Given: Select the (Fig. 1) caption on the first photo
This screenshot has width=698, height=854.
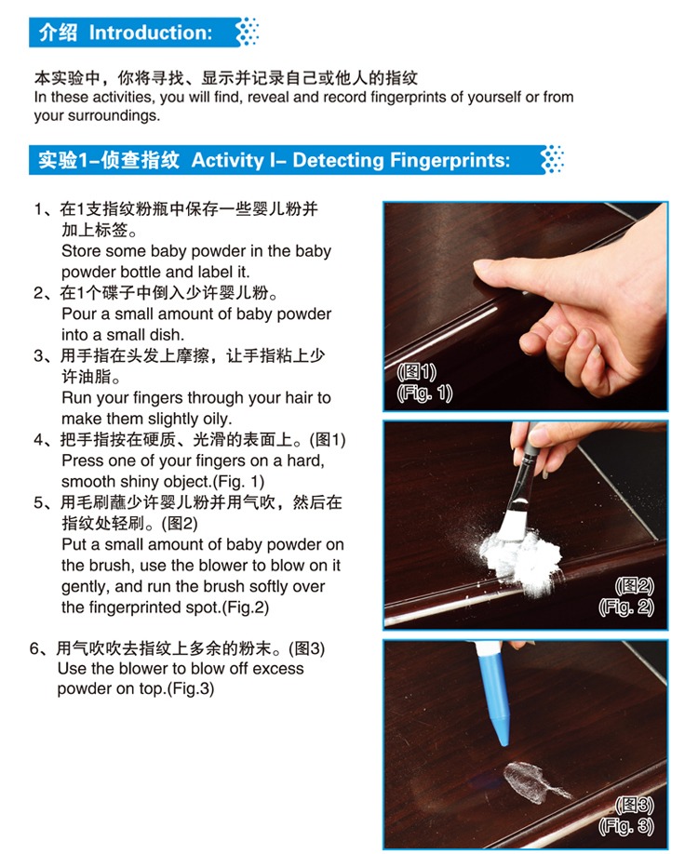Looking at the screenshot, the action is click(424, 394).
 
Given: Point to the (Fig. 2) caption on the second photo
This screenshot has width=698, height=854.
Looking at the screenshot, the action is click(626, 607).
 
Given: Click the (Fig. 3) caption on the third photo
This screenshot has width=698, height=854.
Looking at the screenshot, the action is click(626, 826).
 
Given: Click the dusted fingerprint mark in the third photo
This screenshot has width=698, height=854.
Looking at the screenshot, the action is click(531, 783).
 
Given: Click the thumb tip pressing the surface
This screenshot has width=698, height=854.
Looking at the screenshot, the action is click(483, 267).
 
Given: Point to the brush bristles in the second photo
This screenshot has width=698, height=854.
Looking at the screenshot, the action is click(512, 523).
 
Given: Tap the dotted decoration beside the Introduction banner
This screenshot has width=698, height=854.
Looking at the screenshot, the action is click(248, 32).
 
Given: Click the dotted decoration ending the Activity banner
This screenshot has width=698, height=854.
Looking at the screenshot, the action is click(553, 159).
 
